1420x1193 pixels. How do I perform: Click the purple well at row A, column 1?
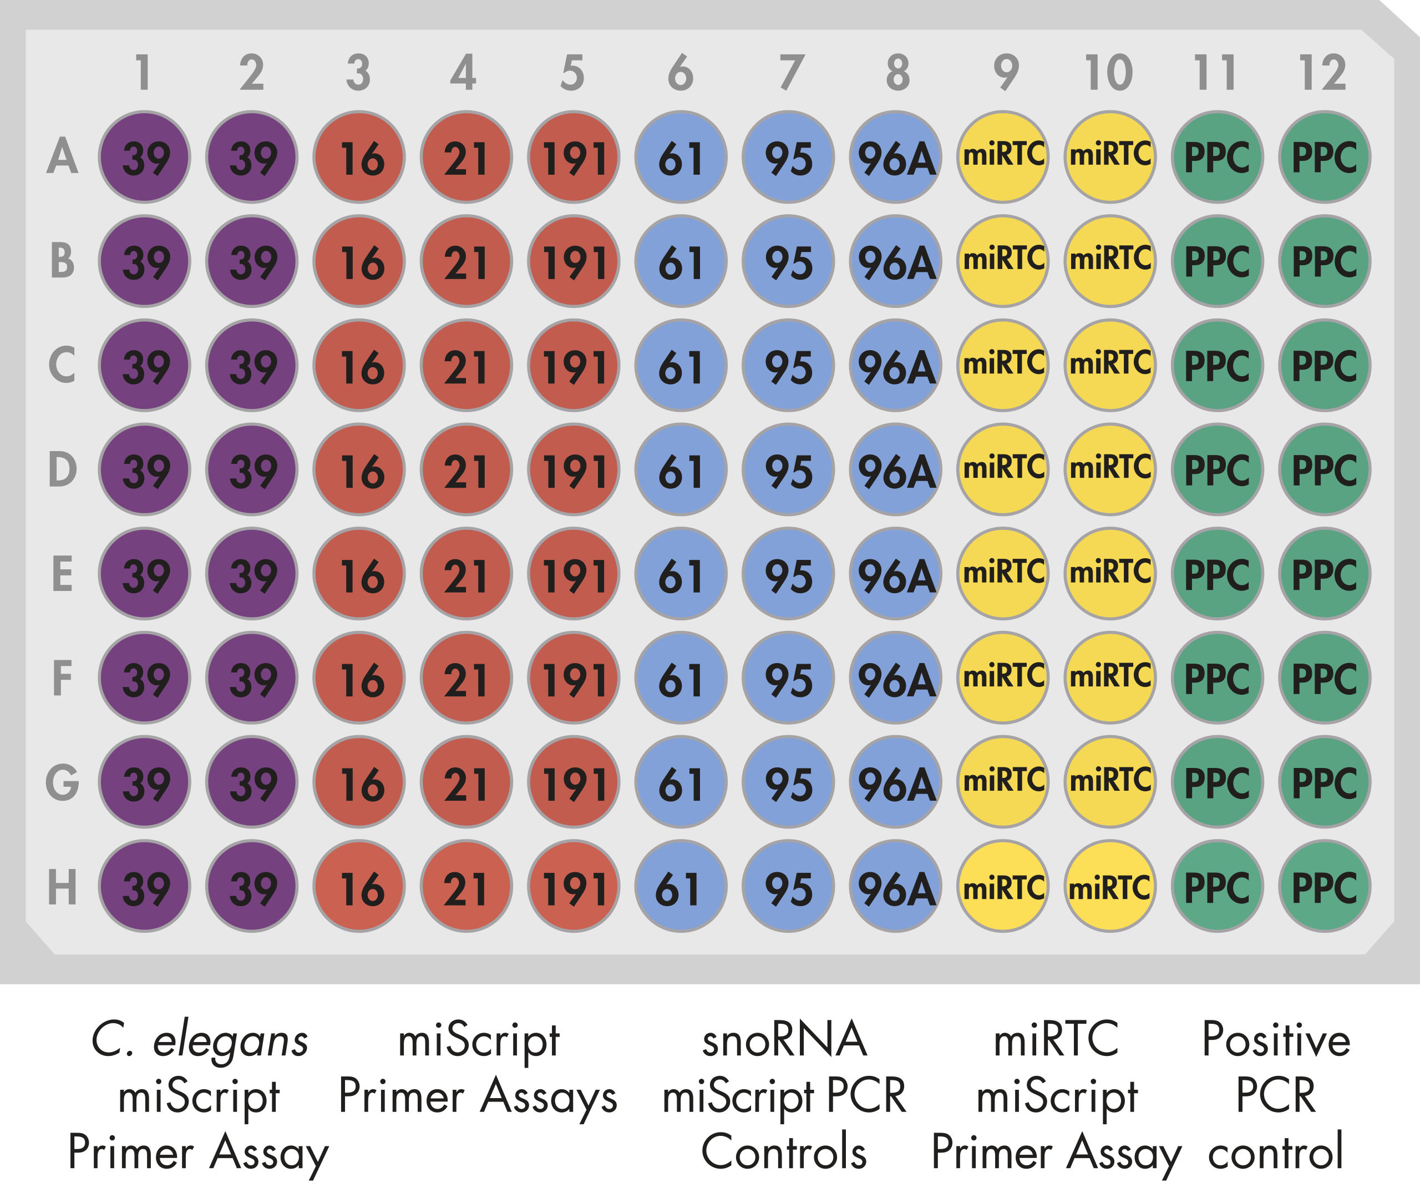coord(144,157)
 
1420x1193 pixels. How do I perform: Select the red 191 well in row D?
coord(574,469)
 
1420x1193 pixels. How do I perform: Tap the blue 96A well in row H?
coord(895,886)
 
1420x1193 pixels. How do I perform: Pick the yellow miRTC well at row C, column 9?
coord(1003,365)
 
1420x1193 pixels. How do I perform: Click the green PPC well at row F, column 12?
coord(1325,678)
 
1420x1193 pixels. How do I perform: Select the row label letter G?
coord(62,782)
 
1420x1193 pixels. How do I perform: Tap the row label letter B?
coord(62,261)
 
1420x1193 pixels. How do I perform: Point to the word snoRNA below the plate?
coord(784,1039)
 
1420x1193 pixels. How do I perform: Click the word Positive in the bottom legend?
coord(1275,1039)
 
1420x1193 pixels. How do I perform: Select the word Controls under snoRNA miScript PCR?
coord(784,1152)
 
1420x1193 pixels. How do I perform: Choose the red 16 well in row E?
coord(359,574)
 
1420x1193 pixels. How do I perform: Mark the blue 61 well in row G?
coord(681,782)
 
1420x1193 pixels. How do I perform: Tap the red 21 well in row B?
coord(466,261)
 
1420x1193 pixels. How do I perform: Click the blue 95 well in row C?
coord(788,365)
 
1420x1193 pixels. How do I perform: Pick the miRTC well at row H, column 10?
coord(1109,886)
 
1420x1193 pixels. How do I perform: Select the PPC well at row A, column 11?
coord(1217,157)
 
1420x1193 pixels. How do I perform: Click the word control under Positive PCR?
coord(1275,1152)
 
